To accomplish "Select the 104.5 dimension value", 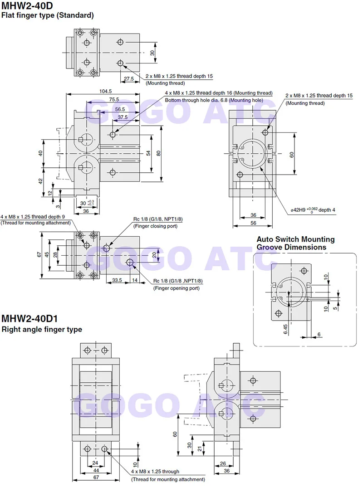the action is pos(105,91).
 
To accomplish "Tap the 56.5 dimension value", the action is pos(120,109).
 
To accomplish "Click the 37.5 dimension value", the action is pos(123,117).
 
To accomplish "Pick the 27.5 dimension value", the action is pos(129,78).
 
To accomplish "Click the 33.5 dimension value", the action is pos(117,280).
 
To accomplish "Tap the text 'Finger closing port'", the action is pos(155,226).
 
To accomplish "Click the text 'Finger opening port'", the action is pos(176,288).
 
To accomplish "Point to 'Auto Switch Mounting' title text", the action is pos(295,239).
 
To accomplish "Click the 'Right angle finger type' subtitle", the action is pos(42,329).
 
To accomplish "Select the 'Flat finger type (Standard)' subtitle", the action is pos(48,15).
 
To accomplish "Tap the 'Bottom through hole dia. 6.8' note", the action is pos(214,100).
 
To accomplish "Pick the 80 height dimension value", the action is pos(158,153).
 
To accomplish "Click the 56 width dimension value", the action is pos(253,223).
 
